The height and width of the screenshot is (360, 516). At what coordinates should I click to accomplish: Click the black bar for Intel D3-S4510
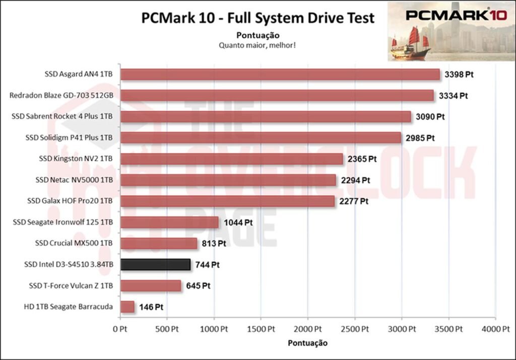tap(155, 265)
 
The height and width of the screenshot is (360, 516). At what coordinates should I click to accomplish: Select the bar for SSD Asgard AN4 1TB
tap(280, 75)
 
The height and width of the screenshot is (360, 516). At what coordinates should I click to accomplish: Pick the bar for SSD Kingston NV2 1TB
tap(232, 159)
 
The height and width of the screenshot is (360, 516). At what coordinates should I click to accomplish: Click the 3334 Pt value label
tap(452, 96)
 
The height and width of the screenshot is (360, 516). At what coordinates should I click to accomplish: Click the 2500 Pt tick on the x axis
tap(355, 330)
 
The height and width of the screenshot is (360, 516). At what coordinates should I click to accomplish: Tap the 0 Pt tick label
tap(120, 330)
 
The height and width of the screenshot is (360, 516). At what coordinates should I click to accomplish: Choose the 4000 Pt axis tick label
tap(495, 330)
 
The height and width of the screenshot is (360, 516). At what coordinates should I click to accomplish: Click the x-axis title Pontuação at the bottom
tap(307, 343)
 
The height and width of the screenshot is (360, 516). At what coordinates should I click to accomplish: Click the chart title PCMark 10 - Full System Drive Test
tap(257, 19)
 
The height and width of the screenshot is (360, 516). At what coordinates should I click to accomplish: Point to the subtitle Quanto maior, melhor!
tap(257, 45)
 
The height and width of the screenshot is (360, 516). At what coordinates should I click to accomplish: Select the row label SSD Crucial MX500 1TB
tap(74, 244)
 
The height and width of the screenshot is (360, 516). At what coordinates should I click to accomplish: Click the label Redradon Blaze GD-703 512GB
tap(61, 96)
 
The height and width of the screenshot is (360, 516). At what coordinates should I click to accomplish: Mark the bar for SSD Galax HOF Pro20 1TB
tap(227, 201)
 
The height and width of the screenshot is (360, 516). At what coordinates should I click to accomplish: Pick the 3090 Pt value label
tap(429, 117)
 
